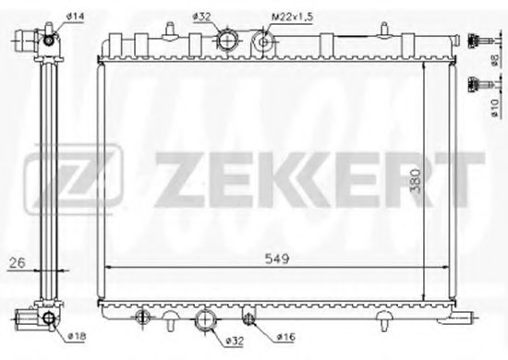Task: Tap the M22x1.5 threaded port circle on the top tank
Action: tap(265, 41)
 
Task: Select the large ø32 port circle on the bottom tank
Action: tap(205, 322)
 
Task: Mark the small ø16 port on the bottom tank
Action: tap(247, 319)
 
